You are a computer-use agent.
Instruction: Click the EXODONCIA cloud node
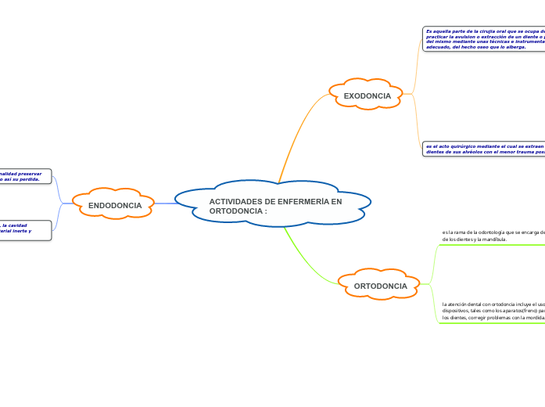point(367,95)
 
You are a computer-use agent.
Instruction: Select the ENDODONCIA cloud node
point(115,205)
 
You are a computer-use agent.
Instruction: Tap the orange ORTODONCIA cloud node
point(380,286)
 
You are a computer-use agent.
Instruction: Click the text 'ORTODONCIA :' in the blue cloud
point(238,211)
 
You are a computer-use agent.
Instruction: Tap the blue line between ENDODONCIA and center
point(165,203)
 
